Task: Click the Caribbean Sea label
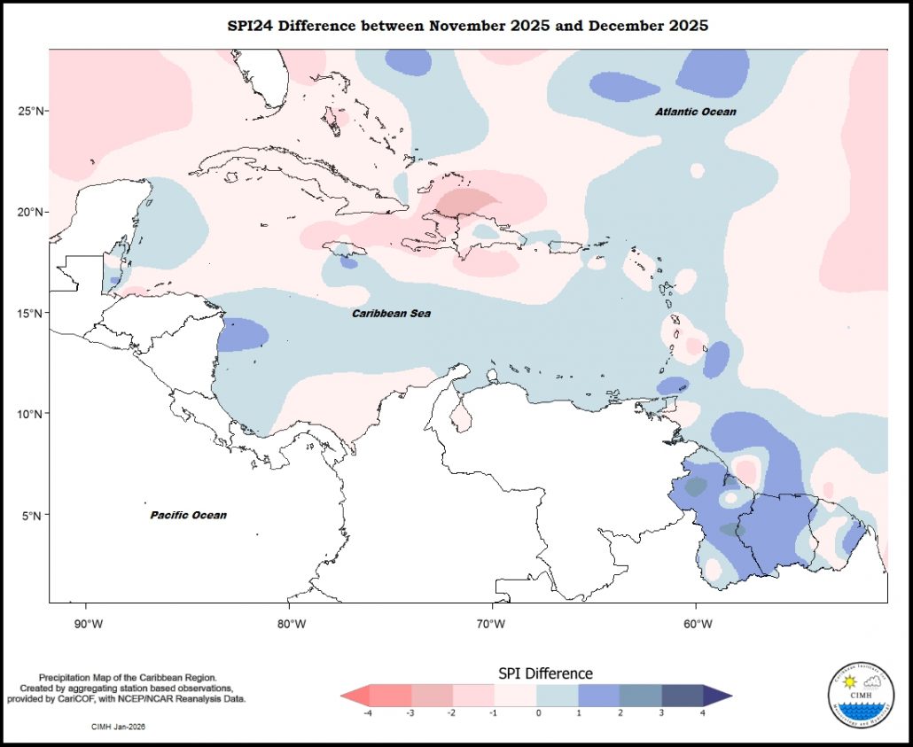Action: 391,314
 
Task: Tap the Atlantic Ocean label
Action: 696,112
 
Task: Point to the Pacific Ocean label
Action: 188,515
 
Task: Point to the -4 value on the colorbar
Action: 367,712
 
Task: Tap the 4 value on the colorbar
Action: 703,712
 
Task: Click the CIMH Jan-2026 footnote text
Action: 119,727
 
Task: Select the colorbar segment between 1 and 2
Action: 599,695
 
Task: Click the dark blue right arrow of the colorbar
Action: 719,695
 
